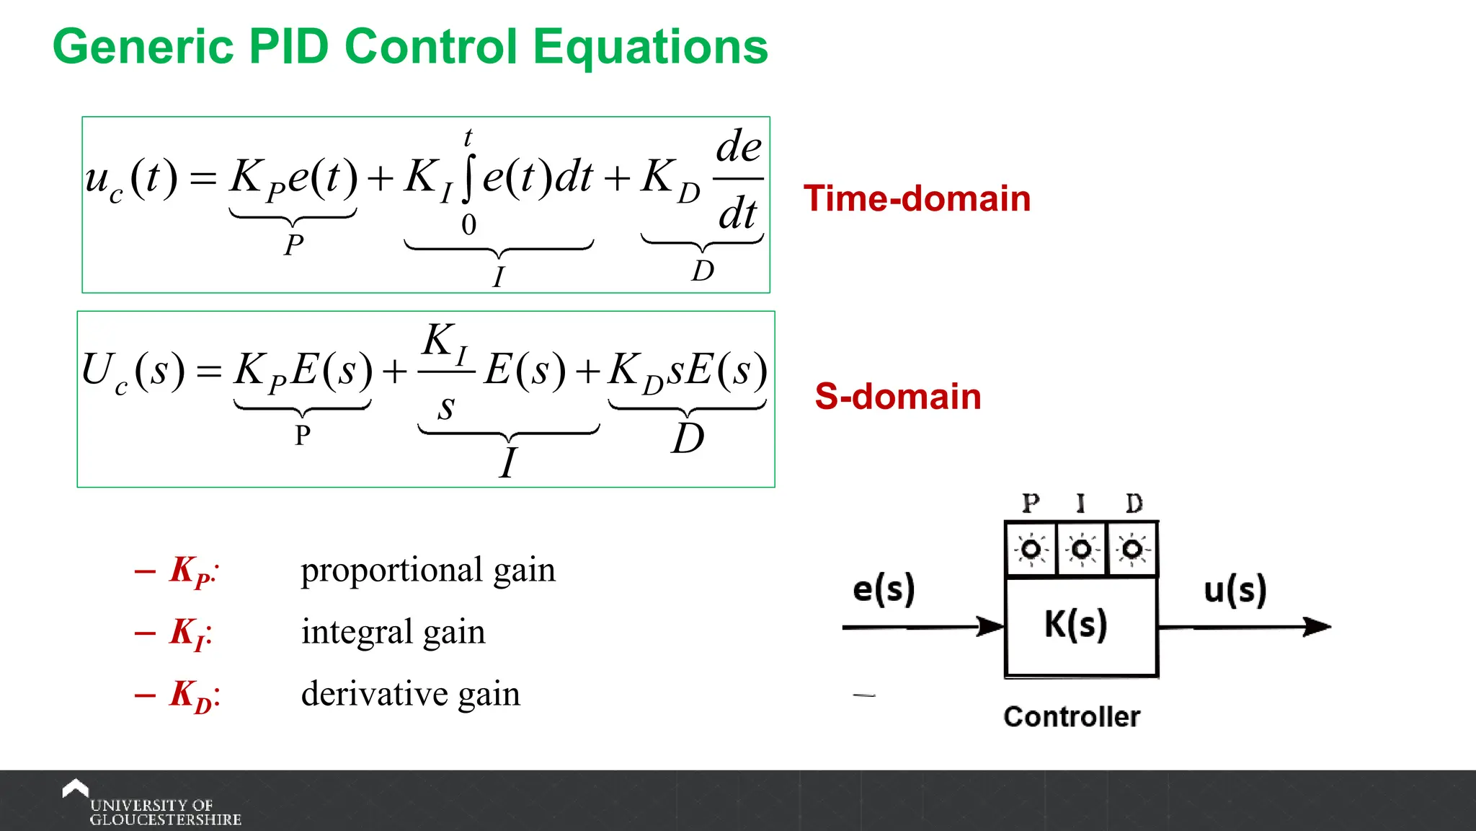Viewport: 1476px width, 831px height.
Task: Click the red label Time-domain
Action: click(917, 198)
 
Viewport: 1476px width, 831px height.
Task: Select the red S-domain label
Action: click(898, 397)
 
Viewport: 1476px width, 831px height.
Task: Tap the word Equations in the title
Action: click(651, 47)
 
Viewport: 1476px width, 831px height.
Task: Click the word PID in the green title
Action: click(288, 47)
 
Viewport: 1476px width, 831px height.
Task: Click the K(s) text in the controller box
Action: click(1075, 625)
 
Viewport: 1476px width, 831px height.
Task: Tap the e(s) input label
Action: click(884, 589)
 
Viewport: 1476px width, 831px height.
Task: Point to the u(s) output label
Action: click(1235, 590)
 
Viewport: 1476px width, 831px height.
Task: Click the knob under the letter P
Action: click(1031, 550)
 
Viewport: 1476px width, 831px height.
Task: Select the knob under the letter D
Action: click(1132, 550)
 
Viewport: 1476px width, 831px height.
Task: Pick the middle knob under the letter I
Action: click(1081, 550)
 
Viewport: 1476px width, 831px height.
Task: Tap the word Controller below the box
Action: click(1072, 717)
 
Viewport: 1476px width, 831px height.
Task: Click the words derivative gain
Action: click(410, 694)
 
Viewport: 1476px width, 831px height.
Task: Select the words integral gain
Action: click(393, 632)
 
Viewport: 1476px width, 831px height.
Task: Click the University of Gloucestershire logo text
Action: click(164, 812)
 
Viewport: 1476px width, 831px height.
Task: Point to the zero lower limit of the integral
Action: click(468, 225)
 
